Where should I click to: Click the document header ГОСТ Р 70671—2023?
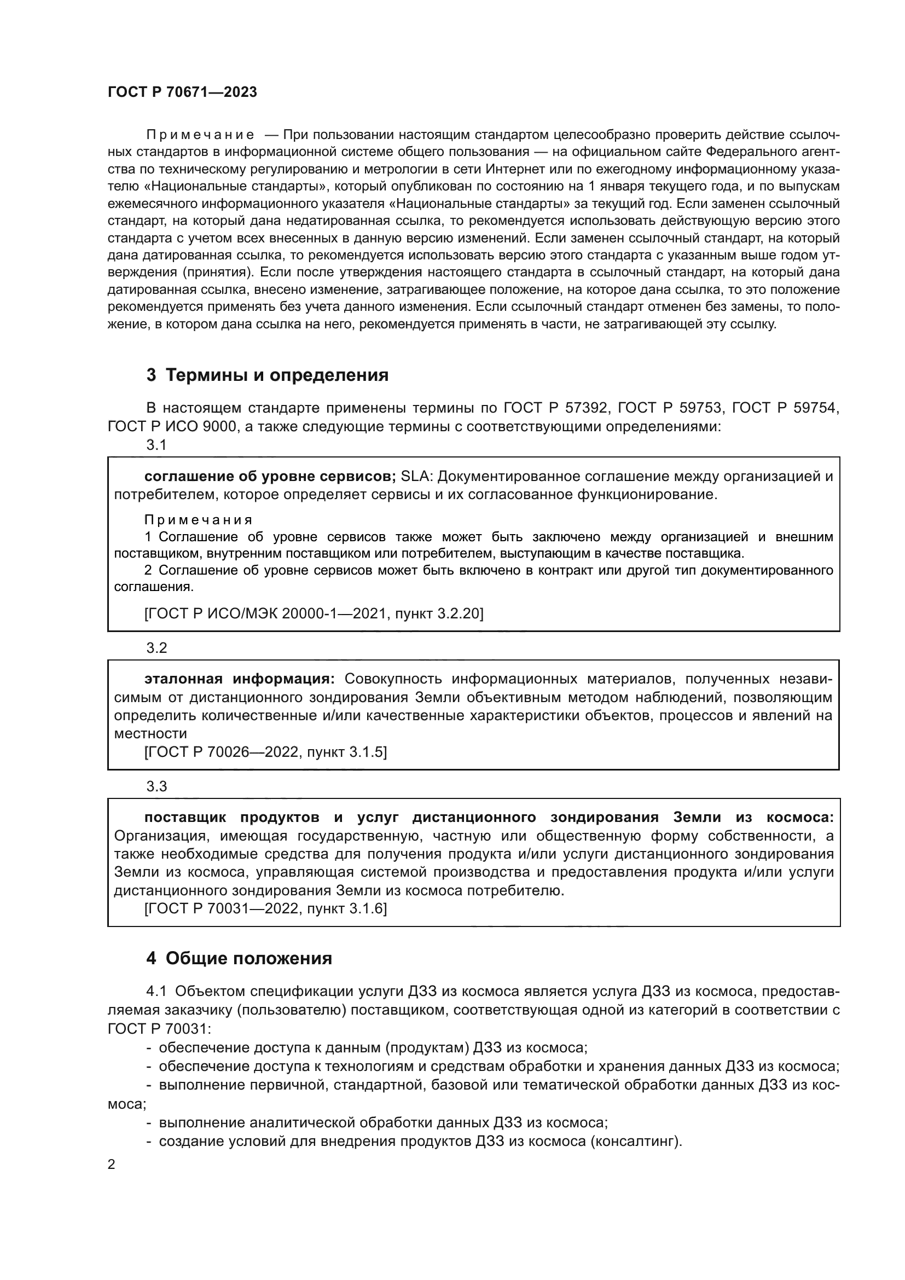pyautogui.click(x=182, y=92)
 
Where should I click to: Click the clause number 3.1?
pyautogui.click(x=156, y=445)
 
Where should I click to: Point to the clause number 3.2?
pyautogui.click(x=156, y=648)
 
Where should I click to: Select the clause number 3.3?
pyautogui.click(x=156, y=786)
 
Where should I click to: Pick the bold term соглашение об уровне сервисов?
pyautogui.click(x=270, y=477)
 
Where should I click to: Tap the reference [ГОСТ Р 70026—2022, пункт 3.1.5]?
pyautogui.click(x=265, y=752)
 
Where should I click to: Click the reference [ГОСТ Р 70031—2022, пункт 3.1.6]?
pyautogui.click(x=265, y=908)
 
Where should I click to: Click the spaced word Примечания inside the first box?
pyautogui.click(x=199, y=520)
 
